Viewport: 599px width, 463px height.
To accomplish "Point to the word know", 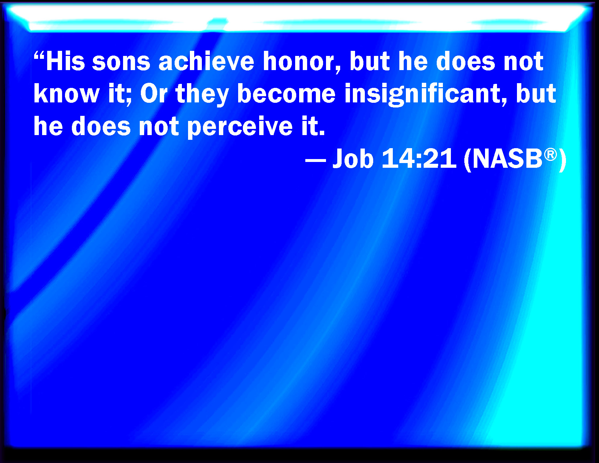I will [x=66, y=94].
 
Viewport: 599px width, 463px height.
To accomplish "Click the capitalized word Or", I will [x=154, y=94].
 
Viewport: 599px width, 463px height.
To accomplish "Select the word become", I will [x=286, y=94].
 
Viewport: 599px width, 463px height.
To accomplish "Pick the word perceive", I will [x=240, y=127].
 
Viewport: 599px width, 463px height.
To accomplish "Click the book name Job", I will [x=353, y=159].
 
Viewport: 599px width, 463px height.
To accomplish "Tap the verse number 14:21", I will [x=419, y=159].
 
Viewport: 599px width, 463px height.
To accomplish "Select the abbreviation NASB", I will [x=508, y=159].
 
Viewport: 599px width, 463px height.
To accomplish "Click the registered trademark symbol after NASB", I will [x=550, y=154].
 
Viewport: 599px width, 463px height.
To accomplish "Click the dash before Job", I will [x=315, y=160].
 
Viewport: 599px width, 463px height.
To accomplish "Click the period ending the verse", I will [x=322, y=134].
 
